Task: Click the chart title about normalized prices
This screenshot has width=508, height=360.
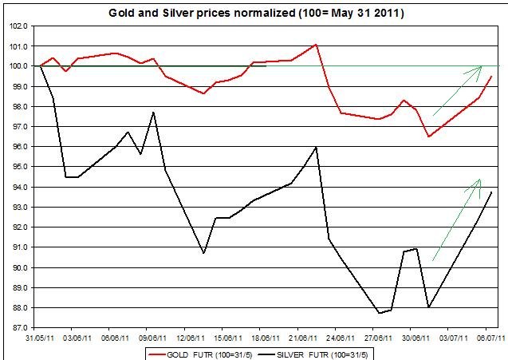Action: pos(254,13)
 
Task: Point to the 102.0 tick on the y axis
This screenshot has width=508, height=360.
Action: pos(19,26)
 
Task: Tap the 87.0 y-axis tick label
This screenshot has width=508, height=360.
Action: pos(19,327)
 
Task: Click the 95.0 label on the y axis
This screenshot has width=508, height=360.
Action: pos(19,167)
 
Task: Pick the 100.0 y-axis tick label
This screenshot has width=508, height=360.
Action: pos(19,66)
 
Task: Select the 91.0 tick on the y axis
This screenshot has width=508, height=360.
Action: pos(19,247)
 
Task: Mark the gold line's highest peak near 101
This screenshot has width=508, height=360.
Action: pos(317,44)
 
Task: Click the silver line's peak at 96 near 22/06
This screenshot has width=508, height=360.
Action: pos(317,147)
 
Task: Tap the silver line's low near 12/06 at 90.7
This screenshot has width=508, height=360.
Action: pos(204,253)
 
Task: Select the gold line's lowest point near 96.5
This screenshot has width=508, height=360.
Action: pos(429,136)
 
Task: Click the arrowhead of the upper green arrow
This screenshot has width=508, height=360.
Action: pos(481,67)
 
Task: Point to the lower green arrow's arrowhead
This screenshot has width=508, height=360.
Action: pos(479,180)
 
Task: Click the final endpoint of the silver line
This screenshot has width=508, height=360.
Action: pos(491,192)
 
